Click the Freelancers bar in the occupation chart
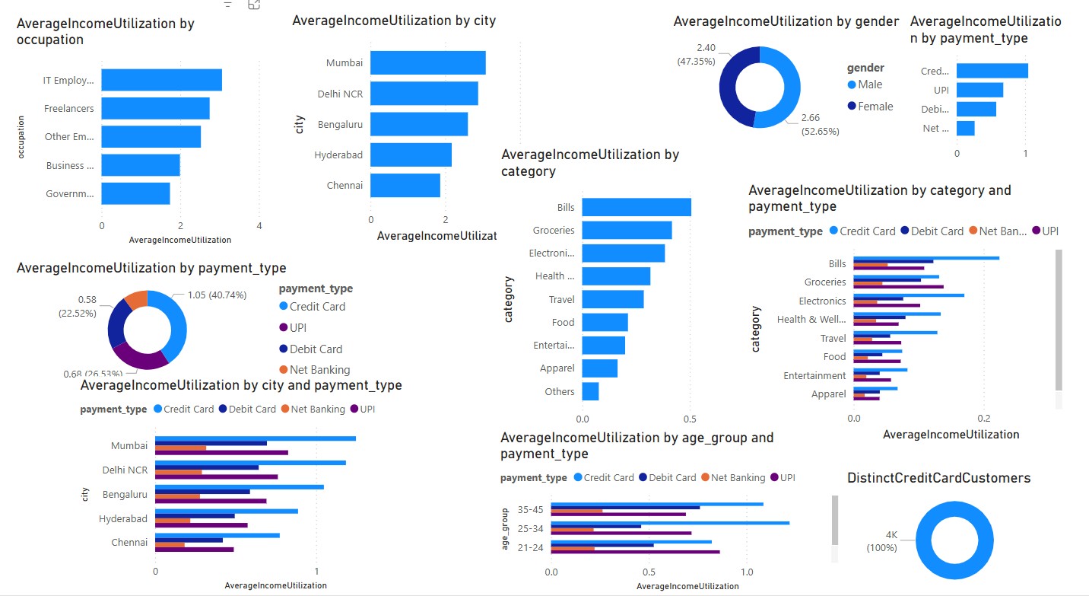[x=155, y=108]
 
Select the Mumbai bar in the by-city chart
[x=427, y=62]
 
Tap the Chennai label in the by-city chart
[x=344, y=185]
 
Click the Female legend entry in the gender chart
[x=875, y=107]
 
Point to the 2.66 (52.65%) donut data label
[x=820, y=124]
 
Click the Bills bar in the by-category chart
[x=637, y=207]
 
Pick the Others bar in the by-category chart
[x=590, y=391]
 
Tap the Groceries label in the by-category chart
[x=554, y=230]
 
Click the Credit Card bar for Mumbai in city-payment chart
[x=256, y=438]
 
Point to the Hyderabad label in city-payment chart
[x=123, y=519]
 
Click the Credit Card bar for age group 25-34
[x=670, y=523]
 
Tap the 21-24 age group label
[x=530, y=548]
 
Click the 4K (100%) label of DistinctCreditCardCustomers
[x=882, y=540]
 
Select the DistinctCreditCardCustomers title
[x=938, y=478]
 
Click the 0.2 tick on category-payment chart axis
[x=984, y=419]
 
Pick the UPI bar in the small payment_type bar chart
[x=979, y=90]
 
